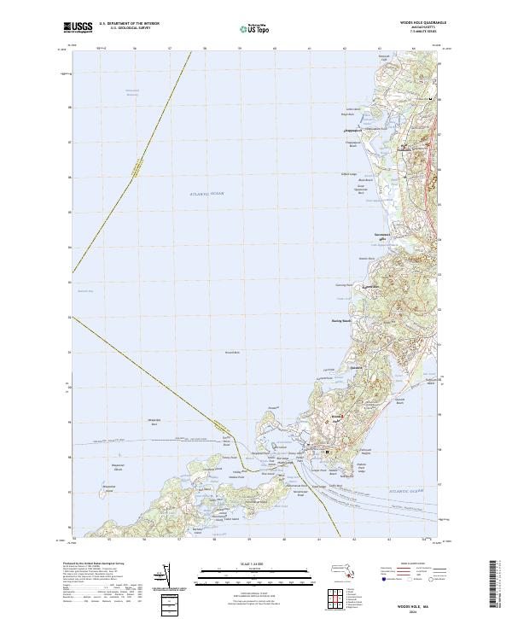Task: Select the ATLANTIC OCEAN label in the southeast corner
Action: [398, 493]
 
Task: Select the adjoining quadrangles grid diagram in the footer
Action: [347, 593]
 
